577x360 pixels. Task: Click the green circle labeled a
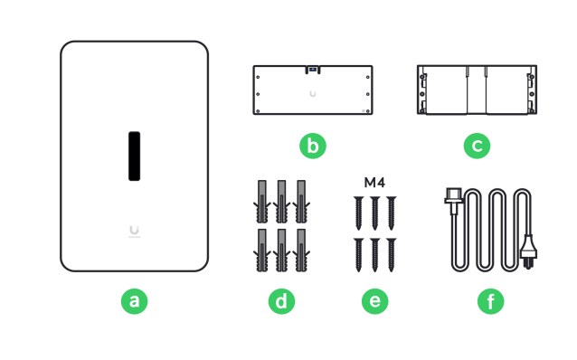point(135,301)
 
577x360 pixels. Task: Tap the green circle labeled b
point(313,146)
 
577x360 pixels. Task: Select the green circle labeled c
point(477,146)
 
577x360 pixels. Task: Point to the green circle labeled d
point(281,301)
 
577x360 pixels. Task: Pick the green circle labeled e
point(375,301)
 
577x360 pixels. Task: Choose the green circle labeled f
point(490,301)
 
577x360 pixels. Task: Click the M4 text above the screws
point(374,182)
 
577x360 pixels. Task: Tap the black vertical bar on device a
point(135,156)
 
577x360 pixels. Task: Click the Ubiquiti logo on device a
point(135,232)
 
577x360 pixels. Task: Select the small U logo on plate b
point(313,94)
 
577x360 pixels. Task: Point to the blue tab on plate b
point(313,69)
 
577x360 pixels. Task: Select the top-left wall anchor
point(262,202)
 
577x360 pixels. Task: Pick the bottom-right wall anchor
point(301,251)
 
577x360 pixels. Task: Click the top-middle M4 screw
point(375,213)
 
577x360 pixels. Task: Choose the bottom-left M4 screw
point(359,255)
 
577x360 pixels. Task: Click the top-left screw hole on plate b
point(258,77)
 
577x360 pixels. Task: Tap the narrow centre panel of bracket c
point(477,90)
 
